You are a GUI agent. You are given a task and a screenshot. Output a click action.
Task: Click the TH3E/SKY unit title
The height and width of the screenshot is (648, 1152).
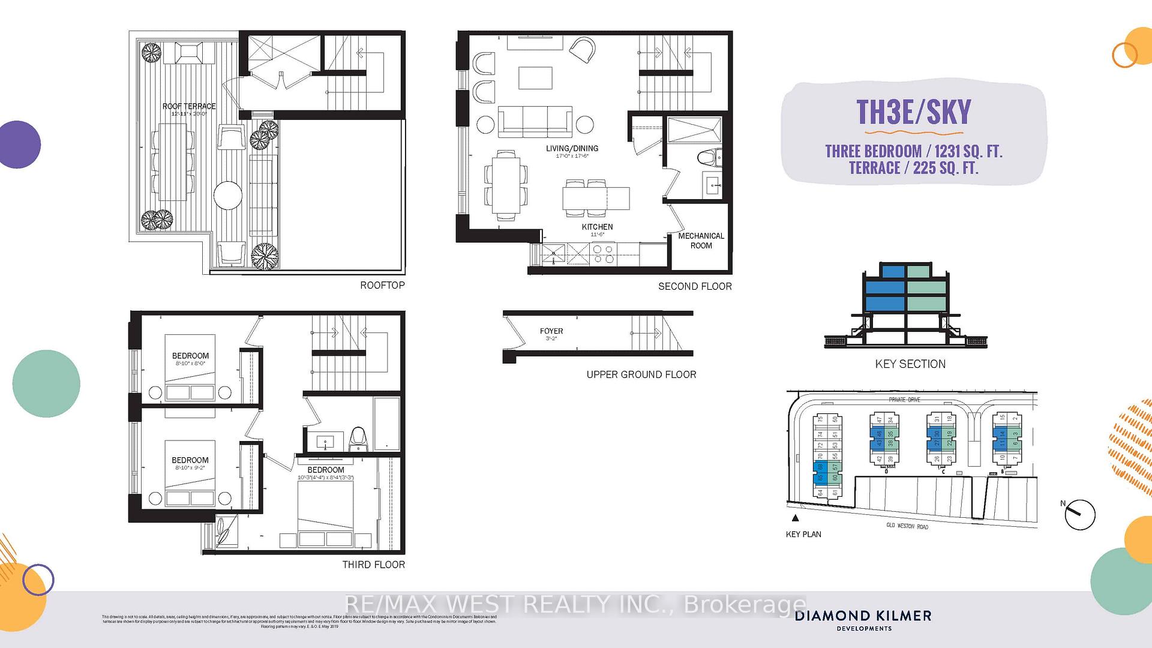913,112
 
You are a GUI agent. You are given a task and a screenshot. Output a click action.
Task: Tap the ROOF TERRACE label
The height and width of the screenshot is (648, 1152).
189,106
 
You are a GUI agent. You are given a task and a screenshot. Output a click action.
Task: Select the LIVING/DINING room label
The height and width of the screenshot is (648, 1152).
572,148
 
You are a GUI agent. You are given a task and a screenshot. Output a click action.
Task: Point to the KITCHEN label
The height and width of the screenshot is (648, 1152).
597,227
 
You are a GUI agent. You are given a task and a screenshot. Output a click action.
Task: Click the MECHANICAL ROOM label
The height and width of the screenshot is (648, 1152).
701,241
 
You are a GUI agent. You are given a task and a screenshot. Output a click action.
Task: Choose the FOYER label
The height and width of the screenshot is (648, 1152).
551,331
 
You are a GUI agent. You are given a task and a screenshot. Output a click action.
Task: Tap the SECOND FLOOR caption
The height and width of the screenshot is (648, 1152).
695,286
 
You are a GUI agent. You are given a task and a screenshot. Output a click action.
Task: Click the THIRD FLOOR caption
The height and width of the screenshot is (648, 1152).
373,565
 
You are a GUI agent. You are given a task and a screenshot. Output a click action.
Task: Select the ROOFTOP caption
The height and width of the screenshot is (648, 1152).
382,285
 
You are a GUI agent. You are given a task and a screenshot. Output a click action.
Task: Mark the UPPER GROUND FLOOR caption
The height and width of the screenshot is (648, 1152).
641,374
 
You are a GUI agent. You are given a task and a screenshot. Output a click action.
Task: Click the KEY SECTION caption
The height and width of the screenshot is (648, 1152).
910,364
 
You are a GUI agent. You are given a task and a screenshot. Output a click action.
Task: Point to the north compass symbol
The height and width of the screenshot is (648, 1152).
1079,514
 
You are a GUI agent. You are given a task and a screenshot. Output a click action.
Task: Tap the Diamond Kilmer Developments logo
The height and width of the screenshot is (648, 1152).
863,620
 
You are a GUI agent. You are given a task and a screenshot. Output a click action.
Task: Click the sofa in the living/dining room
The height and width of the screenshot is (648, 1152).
535,121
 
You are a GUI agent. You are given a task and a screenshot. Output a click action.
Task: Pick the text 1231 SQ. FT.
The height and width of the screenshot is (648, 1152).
968,151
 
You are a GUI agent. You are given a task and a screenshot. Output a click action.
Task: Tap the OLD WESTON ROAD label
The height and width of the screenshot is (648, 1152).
907,526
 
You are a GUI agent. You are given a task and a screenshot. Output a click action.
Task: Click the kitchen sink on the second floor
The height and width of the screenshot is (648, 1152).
553,254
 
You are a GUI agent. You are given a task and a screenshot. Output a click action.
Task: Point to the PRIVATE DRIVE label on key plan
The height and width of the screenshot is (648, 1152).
904,400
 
